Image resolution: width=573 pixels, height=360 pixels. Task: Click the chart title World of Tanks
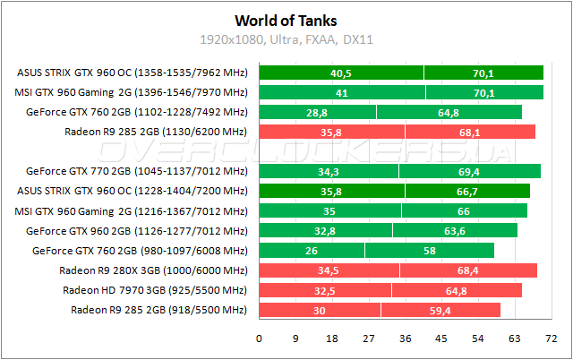point(286,20)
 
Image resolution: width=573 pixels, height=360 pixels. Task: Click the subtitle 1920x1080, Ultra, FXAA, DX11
point(286,39)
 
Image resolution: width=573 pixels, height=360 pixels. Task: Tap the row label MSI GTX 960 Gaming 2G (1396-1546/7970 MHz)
point(131,92)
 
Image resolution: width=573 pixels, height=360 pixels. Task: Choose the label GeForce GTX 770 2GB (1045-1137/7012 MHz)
point(136,170)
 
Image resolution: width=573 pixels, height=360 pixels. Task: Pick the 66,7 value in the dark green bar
point(466,190)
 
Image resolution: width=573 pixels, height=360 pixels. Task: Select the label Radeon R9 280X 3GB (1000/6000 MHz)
point(152,269)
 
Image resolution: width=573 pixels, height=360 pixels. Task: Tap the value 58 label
point(430,249)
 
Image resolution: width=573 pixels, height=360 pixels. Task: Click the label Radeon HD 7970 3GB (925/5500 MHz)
point(154,289)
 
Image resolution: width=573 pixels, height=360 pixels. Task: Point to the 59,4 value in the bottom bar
point(440,309)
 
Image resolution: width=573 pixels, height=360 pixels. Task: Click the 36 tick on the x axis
point(406,338)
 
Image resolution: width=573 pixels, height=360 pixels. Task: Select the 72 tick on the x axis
point(551,338)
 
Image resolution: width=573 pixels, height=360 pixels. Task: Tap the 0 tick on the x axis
point(260,338)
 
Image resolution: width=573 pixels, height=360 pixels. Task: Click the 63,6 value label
point(454,229)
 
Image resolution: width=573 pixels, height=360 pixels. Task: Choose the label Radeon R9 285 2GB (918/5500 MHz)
point(158,309)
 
